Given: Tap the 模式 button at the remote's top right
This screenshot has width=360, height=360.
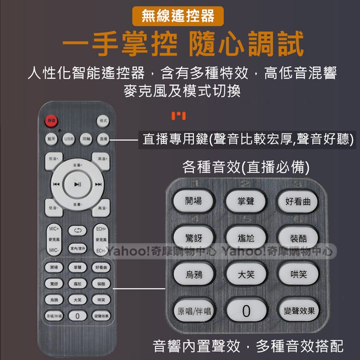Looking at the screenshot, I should [x=103, y=120].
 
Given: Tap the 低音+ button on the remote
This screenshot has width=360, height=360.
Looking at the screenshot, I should [x=53, y=158].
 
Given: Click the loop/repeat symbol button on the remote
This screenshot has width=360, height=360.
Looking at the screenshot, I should [x=77, y=231].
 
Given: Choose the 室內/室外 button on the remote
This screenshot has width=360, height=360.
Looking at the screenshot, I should [x=77, y=248].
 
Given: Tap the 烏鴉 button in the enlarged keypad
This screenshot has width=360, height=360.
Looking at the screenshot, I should [x=194, y=275].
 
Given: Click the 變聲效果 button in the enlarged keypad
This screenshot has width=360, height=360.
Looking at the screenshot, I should [x=298, y=311].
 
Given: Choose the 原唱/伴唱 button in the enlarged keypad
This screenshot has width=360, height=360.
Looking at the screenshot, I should [x=194, y=311].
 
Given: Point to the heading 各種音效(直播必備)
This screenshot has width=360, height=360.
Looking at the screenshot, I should [x=245, y=167].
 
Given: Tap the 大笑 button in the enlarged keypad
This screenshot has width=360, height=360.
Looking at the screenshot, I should [x=246, y=275].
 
